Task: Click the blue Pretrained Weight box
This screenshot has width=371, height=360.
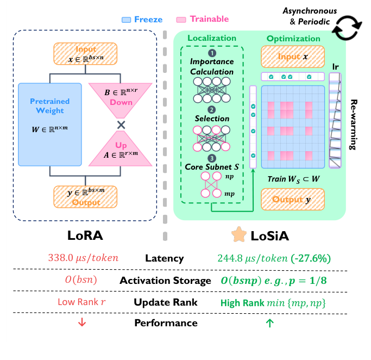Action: click(x=49, y=122)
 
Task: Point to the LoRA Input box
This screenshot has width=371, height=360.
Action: click(x=86, y=54)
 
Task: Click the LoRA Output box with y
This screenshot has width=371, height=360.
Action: click(x=86, y=196)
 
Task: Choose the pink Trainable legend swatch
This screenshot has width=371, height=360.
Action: click(x=182, y=20)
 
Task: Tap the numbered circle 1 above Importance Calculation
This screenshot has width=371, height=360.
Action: click(x=212, y=53)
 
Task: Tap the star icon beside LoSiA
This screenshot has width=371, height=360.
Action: click(x=238, y=235)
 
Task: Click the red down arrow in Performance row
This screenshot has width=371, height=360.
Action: click(x=82, y=322)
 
